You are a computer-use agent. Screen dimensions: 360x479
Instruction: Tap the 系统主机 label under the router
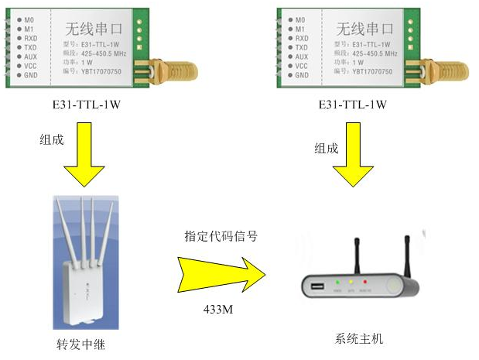pyautogui.click(x=358, y=338)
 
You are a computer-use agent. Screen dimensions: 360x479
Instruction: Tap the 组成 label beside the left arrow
pyautogui.click(x=52, y=140)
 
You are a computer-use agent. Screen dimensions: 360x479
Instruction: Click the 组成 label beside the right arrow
pyautogui.click(x=326, y=148)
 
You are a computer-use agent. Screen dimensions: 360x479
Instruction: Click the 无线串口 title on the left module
pyautogui.click(x=87, y=29)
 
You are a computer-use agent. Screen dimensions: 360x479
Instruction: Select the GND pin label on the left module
pyautogui.click(x=30, y=75)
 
